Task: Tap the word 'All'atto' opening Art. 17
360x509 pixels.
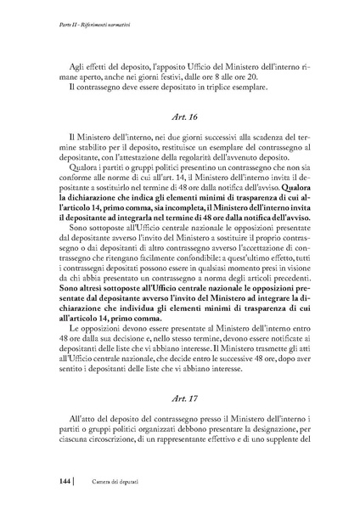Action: (x=74, y=421)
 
